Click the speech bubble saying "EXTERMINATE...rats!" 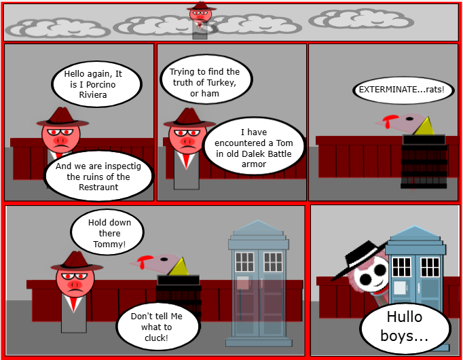click(403, 90)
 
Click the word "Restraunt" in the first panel click(98, 187)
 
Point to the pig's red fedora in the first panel click(62, 117)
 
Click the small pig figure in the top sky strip click(200, 20)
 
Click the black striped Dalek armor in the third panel click(424, 161)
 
